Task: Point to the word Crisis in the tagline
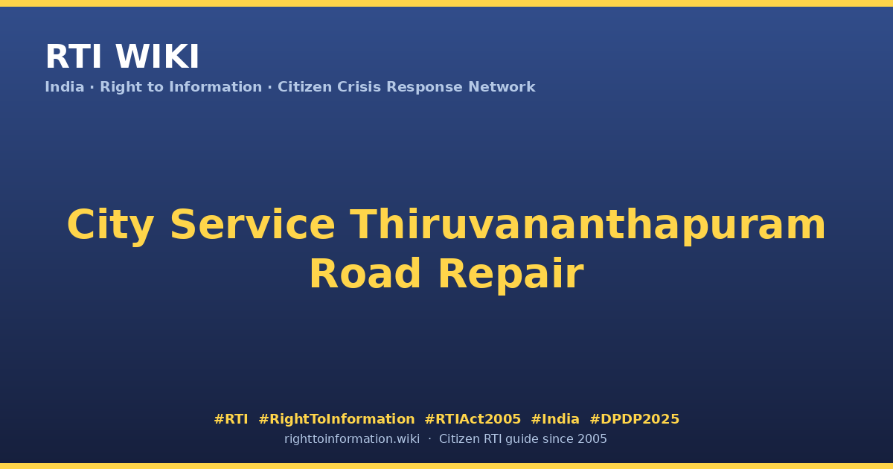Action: [x=359, y=87]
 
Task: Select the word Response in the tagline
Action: [x=424, y=88]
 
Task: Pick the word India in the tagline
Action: [x=65, y=87]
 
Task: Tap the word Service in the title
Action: [x=252, y=226]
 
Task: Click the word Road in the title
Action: [x=365, y=274]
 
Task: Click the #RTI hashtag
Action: [x=231, y=419]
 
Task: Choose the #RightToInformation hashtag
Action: [x=336, y=420]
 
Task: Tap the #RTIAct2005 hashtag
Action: [x=473, y=419]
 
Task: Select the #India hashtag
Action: [x=555, y=419]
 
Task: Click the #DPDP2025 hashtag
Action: [x=634, y=419]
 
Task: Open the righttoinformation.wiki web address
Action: [x=351, y=439]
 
